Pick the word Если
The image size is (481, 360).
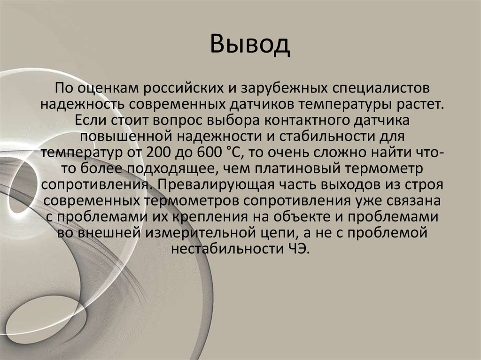[x=88, y=120]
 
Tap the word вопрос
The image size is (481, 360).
[x=180, y=120]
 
